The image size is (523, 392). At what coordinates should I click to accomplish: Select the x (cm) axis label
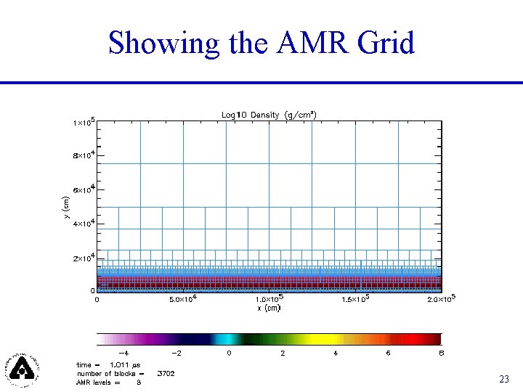click(269, 308)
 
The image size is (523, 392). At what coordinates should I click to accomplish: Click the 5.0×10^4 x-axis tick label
click(184, 298)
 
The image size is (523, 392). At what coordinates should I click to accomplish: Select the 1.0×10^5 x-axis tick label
click(269, 298)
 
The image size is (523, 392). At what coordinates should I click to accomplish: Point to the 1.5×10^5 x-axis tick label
click(355, 298)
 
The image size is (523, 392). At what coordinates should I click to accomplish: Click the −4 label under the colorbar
click(124, 352)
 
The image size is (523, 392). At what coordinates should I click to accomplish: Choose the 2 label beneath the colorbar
click(283, 352)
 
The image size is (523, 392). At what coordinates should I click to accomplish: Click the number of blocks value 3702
click(166, 373)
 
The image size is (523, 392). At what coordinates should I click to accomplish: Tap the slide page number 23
click(504, 379)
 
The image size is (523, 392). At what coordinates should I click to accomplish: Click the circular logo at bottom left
click(24, 368)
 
